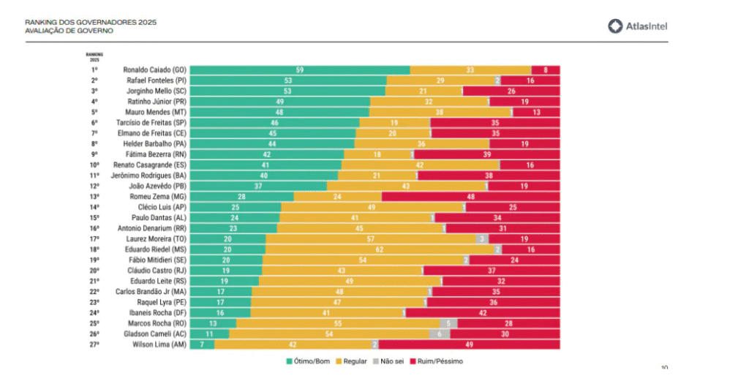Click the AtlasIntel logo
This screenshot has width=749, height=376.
(638, 26)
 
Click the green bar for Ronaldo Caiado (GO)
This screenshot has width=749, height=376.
(300, 69)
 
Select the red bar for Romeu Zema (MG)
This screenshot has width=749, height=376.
(471, 197)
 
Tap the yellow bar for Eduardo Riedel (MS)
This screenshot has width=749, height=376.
(380, 249)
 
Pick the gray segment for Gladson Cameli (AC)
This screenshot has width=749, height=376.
(440, 334)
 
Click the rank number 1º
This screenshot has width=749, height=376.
(94, 69)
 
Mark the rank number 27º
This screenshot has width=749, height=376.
(94, 345)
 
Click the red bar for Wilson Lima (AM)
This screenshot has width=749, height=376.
(469, 345)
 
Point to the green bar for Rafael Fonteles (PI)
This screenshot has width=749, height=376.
(288, 80)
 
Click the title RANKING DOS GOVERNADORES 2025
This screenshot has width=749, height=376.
(90, 22)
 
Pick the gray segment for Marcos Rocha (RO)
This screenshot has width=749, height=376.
(448, 323)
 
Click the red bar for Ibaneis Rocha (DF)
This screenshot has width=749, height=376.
(483, 312)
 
